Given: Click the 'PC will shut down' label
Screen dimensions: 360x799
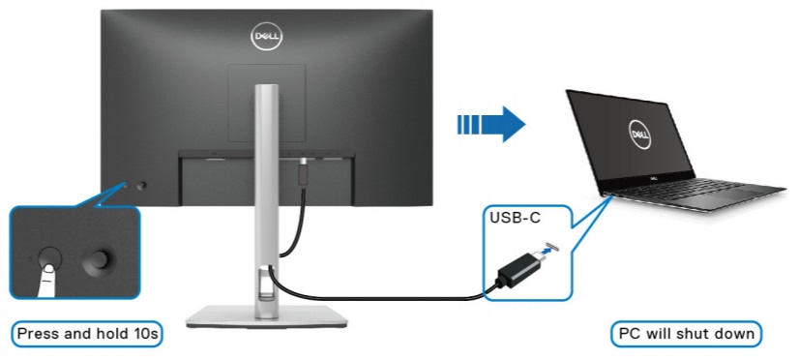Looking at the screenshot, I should [688, 334].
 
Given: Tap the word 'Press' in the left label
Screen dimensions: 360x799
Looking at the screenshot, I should [40, 334].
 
